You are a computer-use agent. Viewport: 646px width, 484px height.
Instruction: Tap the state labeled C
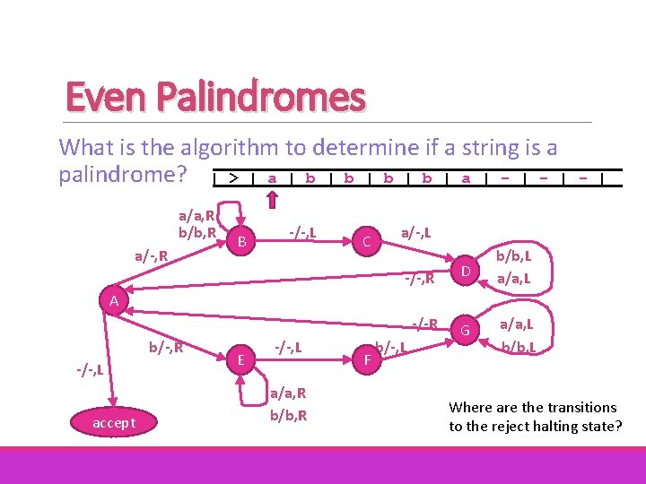[367, 241]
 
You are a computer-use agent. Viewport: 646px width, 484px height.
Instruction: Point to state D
[465, 271]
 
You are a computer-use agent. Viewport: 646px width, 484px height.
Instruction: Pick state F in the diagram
[367, 360]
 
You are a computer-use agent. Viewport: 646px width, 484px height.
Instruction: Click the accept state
[114, 422]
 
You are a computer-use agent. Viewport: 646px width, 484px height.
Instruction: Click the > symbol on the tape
[232, 178]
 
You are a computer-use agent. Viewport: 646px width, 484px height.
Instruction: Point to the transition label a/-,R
[153, 256]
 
